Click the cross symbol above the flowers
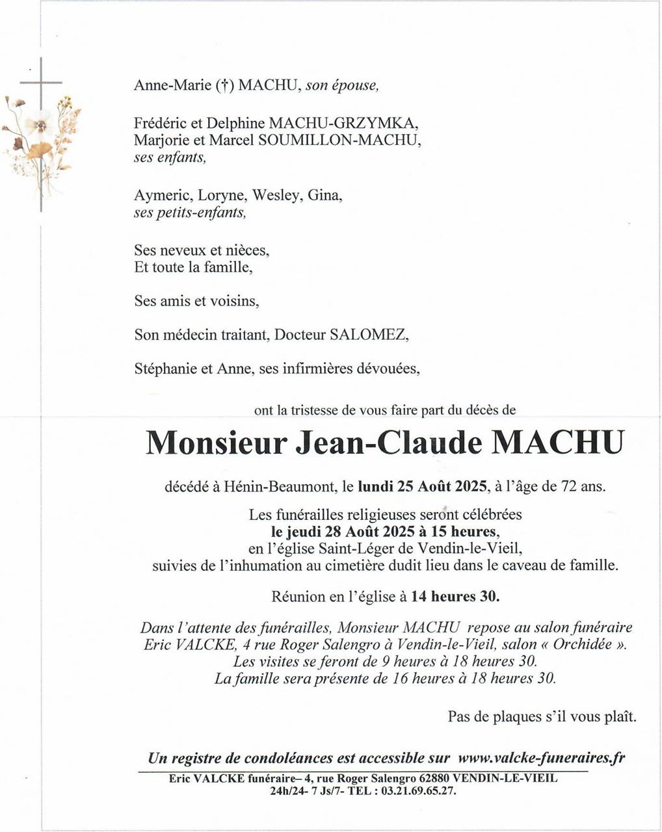(x=41, y=83)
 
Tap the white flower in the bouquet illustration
(x=38, y=122)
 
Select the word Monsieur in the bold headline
(x=217, y=443)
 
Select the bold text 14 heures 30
(x=455, y=595)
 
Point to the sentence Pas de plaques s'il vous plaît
(x=542, y=717)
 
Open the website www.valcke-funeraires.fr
(x=541, y=758)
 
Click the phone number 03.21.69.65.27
(x=418, y=791)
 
